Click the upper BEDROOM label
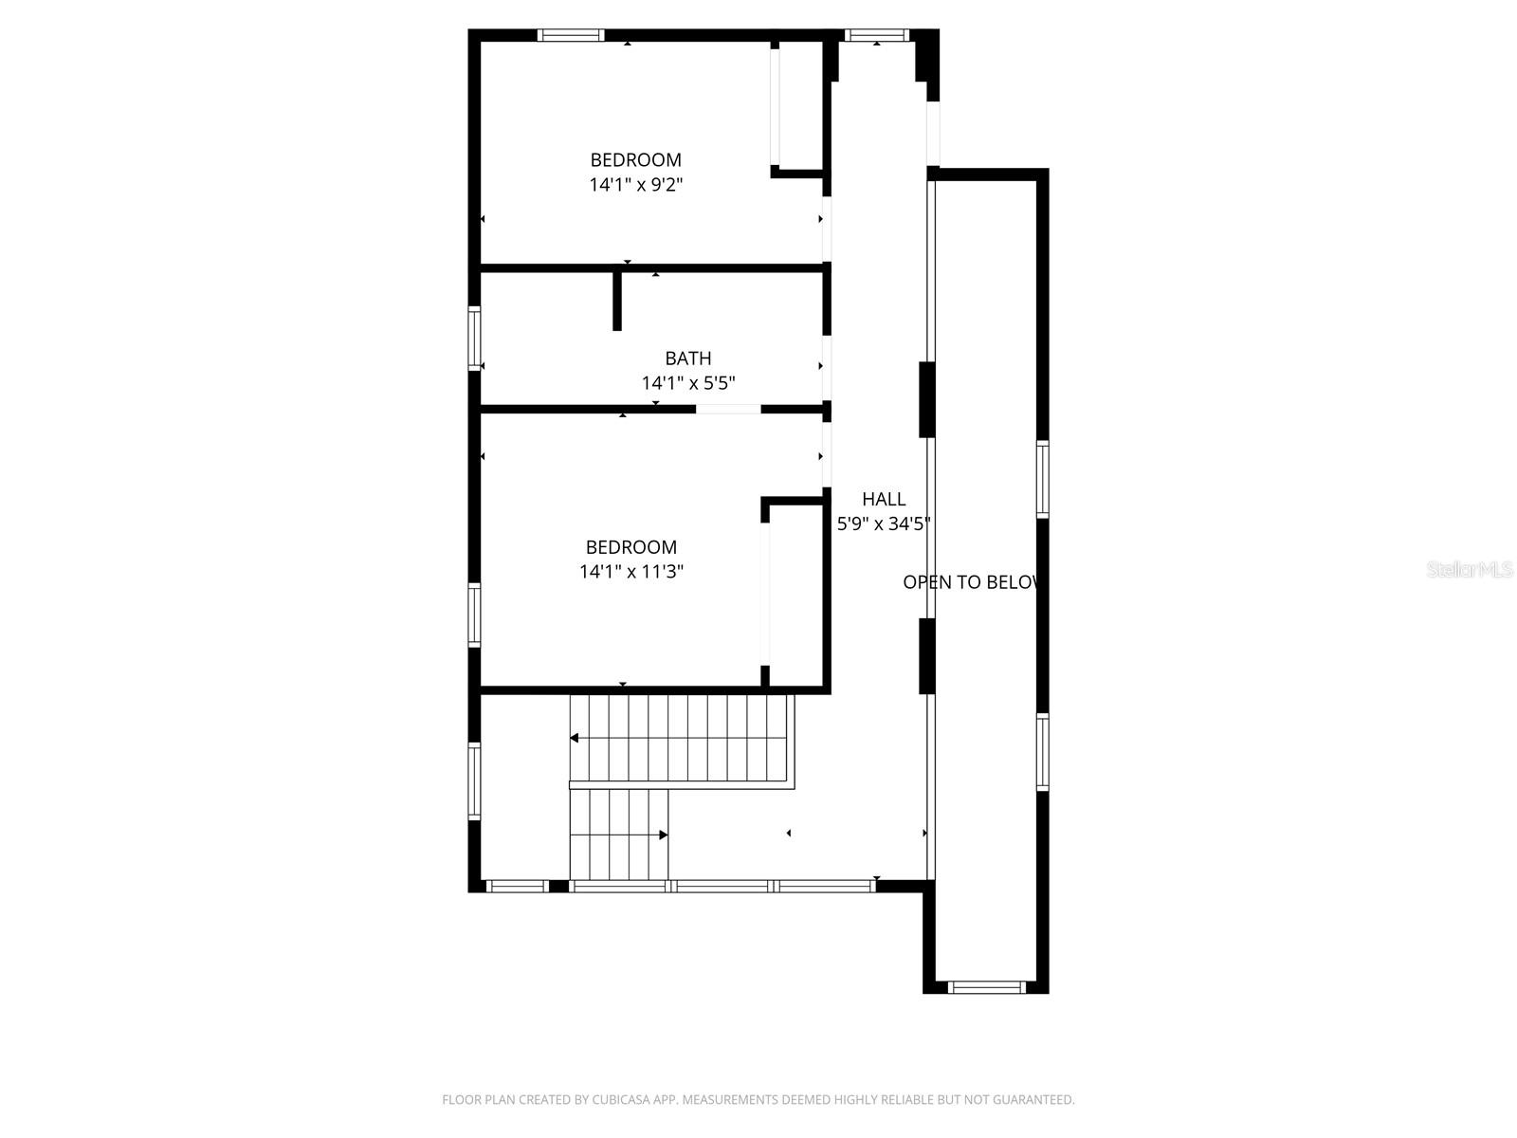coord(635,160)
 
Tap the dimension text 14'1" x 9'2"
coord(635,185)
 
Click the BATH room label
coord(687,358)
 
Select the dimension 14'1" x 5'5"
coord(687,383)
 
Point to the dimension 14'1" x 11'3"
coord(631,572)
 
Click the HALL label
coord(883,499)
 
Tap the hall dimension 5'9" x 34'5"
coord(883,523)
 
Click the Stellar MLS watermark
coord(1469,569)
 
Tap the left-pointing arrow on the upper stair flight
coord(575,738)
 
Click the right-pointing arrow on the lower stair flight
coord(664,835)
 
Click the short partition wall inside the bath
coord(617,301)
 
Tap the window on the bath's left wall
coord(474,338)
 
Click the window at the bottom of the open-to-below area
coord(986,987)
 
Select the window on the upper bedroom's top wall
coord(570,36)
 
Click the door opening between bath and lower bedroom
coord(728,410)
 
